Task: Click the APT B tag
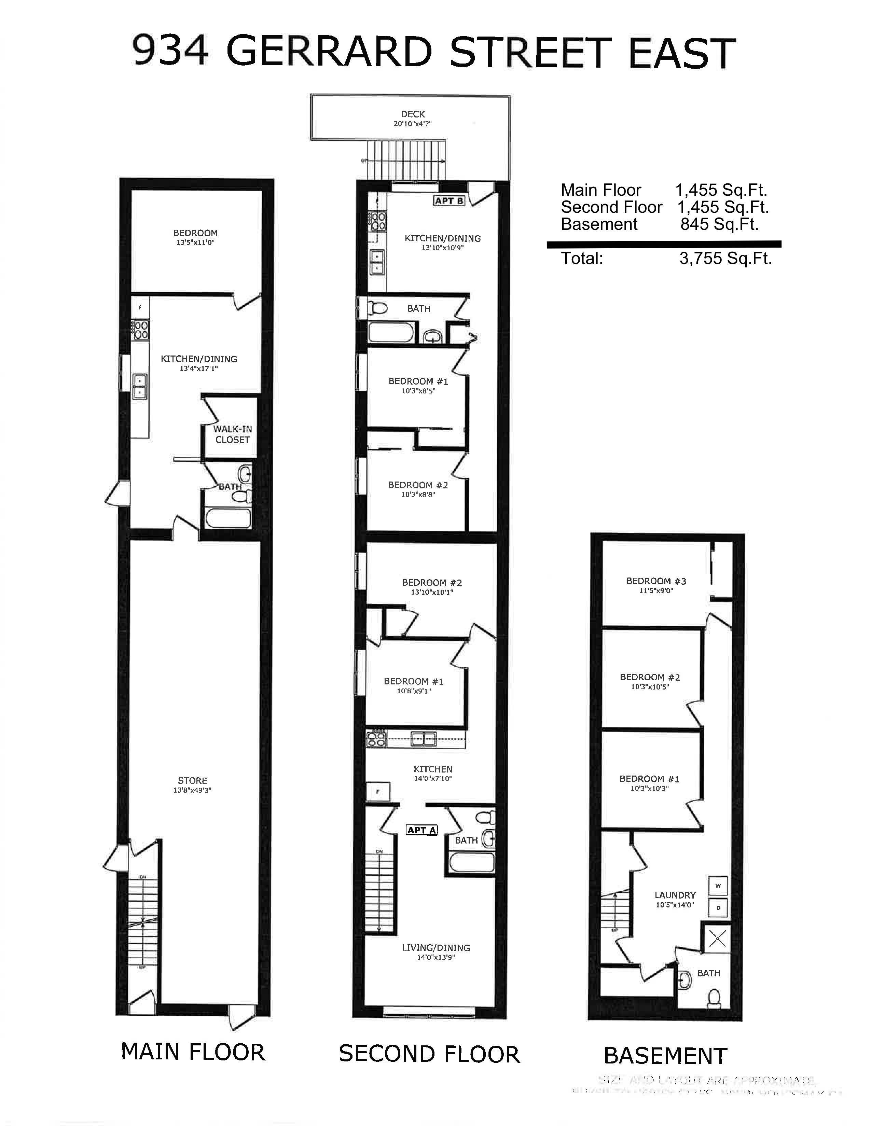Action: coord(449,201)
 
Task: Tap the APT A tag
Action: coord(421,830)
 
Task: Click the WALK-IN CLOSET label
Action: coord(232,434)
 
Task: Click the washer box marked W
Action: coord(718,886)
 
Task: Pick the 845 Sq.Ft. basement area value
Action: coord(719,224)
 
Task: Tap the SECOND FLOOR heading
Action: coord(429,1054)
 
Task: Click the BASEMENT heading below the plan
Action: coord(665,1056)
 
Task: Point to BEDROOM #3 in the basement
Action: coord(656,585)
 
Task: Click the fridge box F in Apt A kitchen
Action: coord(378,791)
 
